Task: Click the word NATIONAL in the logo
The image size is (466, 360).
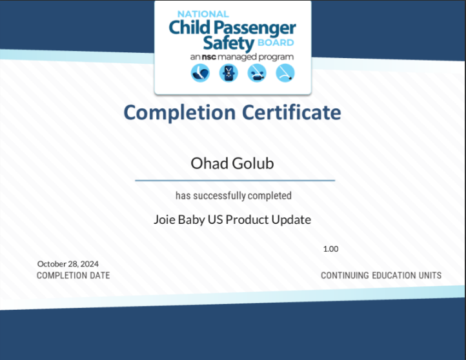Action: [x=203, y=14]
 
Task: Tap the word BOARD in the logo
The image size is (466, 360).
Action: [x=276, y=43]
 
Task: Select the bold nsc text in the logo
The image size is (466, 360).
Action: [x=209, y=57]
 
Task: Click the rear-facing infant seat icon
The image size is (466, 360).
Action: [x=200, y=73]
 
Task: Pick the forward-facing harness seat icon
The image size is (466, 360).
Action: [x=228, y=73]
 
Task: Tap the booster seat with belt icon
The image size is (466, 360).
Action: [x=257, y=73]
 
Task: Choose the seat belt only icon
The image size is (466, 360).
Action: [x=285, y=73]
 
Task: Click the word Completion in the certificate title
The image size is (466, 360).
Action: [x=179, y=113]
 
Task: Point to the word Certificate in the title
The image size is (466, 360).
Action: [x=292, y=112]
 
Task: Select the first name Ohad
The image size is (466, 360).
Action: [x=209, y=163]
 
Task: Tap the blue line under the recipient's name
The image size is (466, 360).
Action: [x=235, y=180]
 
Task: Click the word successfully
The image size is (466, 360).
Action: [x=219, y=195]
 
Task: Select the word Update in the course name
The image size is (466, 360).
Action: [x=291, y=220]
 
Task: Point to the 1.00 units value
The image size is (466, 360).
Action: [x=330, y=249]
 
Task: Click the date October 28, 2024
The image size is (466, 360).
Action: [x=68, y=264]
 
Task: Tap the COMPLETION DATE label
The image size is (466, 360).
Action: [x=74, y=275]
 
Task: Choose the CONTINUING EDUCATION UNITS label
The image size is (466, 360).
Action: [x=381, y=275]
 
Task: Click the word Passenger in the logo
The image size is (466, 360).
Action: [x=255, y=28]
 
